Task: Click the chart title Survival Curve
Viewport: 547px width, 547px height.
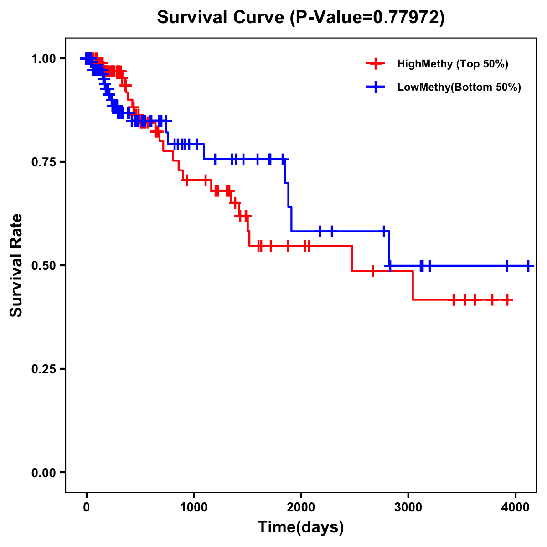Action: click(x=222, y=17)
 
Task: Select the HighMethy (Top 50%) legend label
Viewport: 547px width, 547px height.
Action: click(x=453, y=64)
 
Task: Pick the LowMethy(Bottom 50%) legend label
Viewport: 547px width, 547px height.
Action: click(x=459, y=87)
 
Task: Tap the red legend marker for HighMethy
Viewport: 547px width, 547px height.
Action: click(x=375, y=64)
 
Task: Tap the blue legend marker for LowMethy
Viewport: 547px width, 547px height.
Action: click(x=375, y=87)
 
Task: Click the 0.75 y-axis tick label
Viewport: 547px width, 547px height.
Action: click(x=43, y=162)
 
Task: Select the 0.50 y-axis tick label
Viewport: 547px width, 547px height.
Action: click(x=43, y=265)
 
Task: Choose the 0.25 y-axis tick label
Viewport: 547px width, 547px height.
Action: click(x=43, y=369)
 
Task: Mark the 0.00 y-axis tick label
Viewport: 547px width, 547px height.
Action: click(x=43, y=472)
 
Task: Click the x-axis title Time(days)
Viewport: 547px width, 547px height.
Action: click(x=301, y=527)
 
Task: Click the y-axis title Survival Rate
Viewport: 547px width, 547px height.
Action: click(x=16, y=265)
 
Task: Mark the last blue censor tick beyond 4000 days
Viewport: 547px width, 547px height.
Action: click(x=528, y=265)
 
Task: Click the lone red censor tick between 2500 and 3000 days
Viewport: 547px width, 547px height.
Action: click(x=373, y=271)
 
